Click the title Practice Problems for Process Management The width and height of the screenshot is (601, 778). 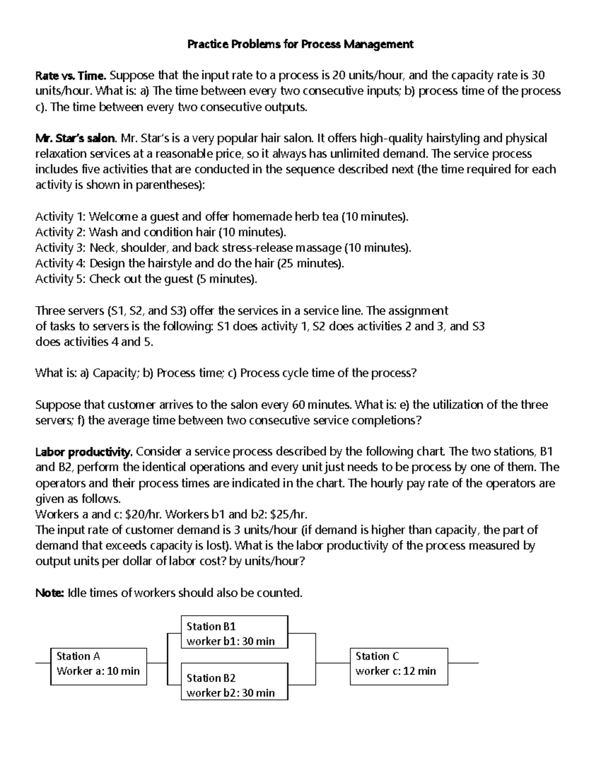(x=300, y=45)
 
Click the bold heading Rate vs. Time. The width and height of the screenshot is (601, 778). (x=71, y=76)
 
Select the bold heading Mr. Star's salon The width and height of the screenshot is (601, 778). (x=76, y=138)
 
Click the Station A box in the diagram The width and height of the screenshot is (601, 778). (x=99, y=666)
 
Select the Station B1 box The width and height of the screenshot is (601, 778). (x=234, y=632)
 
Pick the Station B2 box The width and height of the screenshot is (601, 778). (x=234, y=682)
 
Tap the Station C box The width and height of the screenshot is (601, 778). (x=398, y=666)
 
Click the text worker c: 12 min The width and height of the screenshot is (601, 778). (x=396, y=671)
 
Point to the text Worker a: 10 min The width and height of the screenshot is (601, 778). (x=98, y=671)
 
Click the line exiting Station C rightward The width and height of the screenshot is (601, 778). (x=463, y=663)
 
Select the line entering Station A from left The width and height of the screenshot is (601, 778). (x=43, y=663)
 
